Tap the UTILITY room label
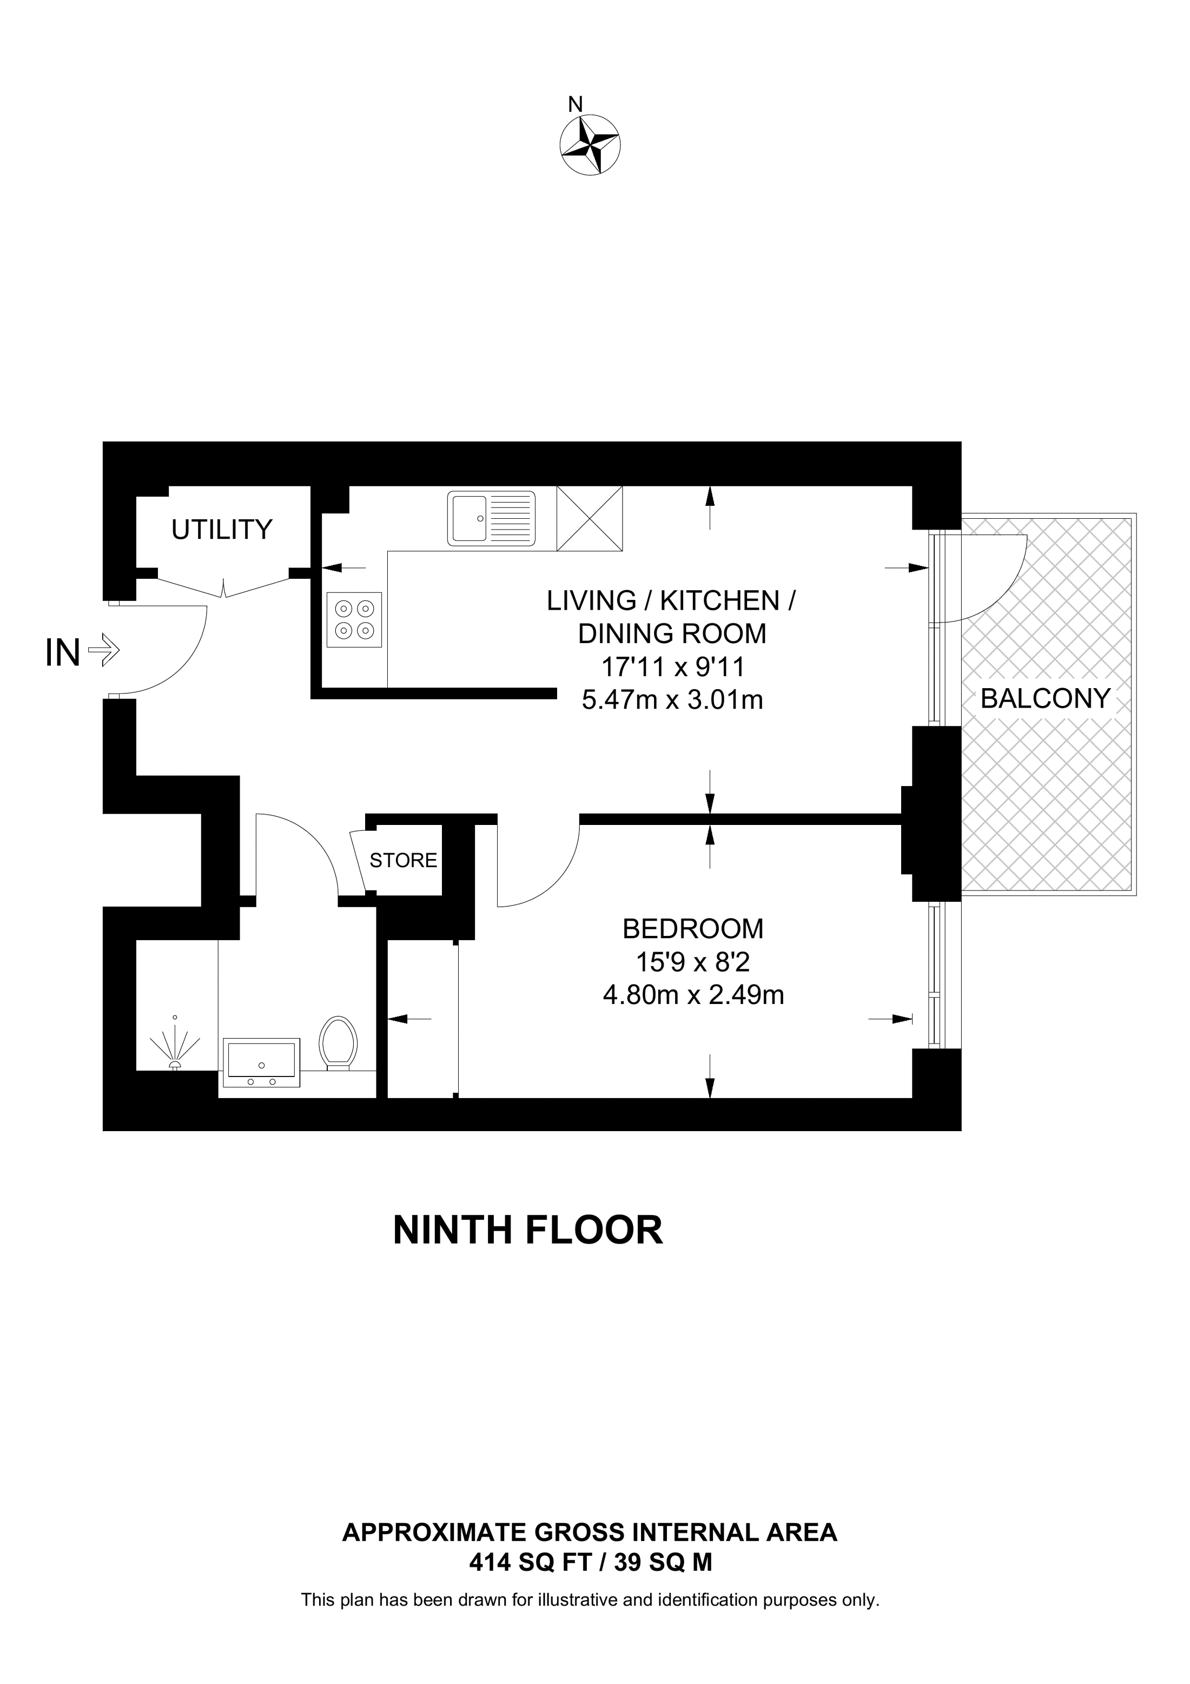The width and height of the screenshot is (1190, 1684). click(x=221, y=529)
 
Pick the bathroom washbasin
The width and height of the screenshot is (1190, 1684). click(x=262, y=1062)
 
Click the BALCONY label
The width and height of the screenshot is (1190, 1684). click(x=1045, y=698)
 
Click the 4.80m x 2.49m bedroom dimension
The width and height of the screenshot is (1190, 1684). click(x=693, y=995)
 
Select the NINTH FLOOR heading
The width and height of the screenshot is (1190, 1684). click(x=527, y=1231)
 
